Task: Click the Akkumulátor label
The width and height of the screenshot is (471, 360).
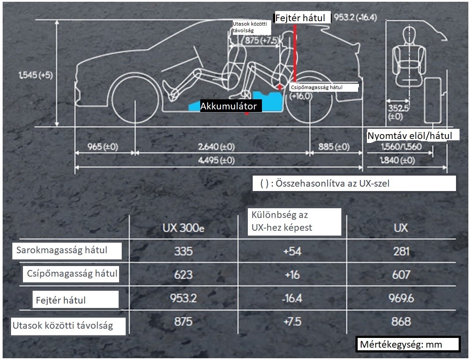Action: pos(228,106)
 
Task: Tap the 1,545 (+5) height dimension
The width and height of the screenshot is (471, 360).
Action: pos(35,75)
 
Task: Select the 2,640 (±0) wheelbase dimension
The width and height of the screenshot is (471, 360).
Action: pos(216,147)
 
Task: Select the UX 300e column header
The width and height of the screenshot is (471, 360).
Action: pos(183,228)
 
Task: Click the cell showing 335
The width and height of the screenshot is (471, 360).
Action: pos(183,251)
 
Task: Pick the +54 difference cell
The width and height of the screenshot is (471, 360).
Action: pos(292,251)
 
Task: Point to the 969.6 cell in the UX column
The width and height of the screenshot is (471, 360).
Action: pos(401,298)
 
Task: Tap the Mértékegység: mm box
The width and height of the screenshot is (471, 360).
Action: pos(408,345)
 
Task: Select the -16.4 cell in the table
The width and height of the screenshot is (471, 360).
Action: pos(292,298)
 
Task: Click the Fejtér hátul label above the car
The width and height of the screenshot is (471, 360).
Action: pos(302,18)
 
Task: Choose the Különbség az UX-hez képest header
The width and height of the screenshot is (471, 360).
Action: pos(294,221)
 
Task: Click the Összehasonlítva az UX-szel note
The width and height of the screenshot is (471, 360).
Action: pos(354,184)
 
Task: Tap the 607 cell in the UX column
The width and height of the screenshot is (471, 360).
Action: pos(401,274)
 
